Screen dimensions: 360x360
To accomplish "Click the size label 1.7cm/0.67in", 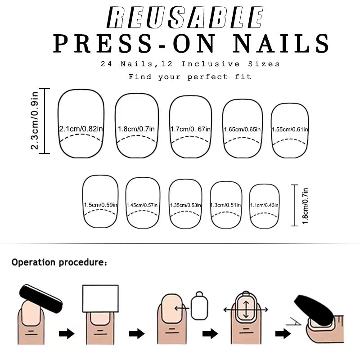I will click(190, 129).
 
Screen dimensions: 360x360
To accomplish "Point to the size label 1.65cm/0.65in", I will click(243, 130).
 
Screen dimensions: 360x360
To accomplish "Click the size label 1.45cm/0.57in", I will click(142, 206).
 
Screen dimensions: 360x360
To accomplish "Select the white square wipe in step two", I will click(100, 299).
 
